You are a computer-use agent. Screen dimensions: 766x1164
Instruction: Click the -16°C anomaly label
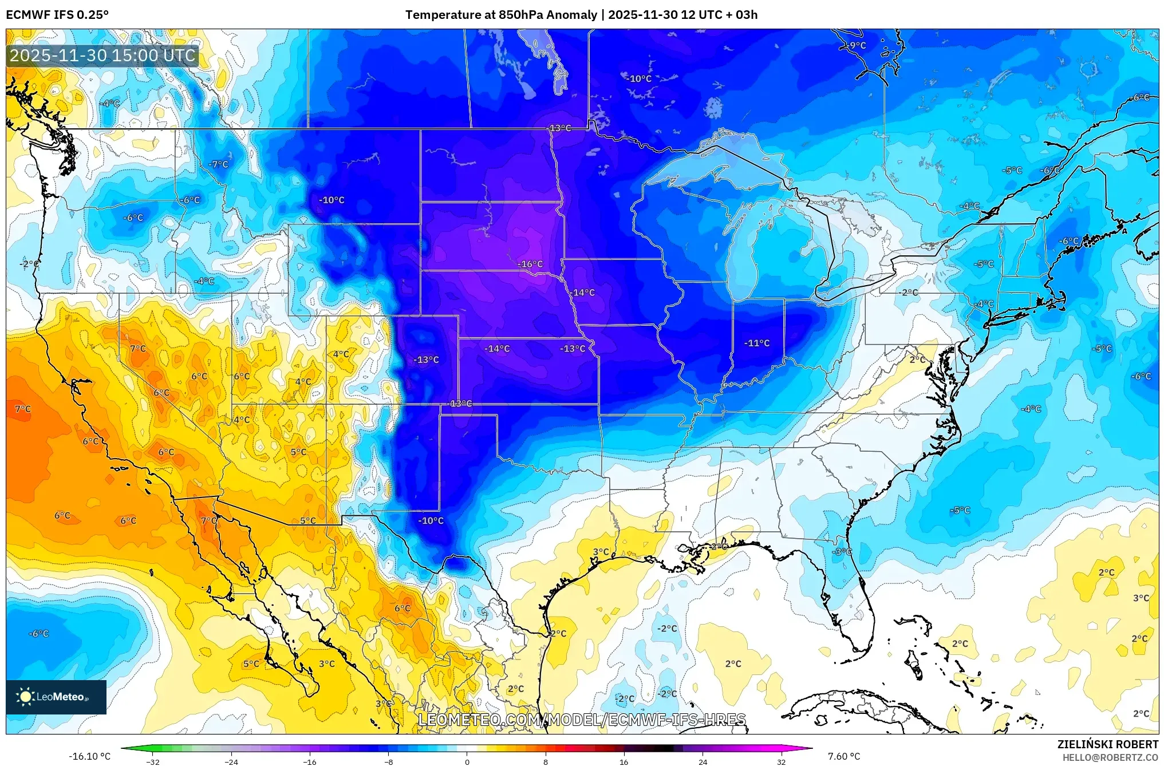click(x=530, y=264)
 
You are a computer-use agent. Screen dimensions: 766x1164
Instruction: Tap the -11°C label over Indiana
click(x=756, y=343)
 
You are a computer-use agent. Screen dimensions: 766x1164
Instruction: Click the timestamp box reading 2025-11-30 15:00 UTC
click(x=103, y=56)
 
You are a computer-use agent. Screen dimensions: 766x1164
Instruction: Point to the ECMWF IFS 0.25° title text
click(x=57, y=15)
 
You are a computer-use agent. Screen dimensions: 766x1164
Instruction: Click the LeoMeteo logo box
click(x=56, y=697)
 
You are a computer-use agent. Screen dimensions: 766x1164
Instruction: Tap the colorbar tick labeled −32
click(x=152, y=761)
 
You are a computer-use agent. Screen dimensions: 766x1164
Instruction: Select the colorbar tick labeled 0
click(x=467, y=761)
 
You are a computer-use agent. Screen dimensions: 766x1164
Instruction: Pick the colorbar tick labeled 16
click(x=624, y=761)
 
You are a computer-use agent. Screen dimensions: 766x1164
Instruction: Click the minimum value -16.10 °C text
click(x=89, y=756)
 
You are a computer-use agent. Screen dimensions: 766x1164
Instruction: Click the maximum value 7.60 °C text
click(x=844, y=756)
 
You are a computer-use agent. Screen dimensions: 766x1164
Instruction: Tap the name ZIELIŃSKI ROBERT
click(x=1107, y=744)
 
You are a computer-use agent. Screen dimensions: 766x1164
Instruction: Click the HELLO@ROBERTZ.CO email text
click(x=1110, y=757)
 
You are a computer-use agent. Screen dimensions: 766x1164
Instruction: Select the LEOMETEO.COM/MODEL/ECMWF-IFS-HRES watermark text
click(x=582, y=720)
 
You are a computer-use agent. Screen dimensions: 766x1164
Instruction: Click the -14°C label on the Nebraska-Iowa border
click(x=582, y=293)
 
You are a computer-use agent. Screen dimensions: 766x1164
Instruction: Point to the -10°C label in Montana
click(x=332, y=200)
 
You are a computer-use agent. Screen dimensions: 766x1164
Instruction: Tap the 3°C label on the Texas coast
click(x=601, y=552)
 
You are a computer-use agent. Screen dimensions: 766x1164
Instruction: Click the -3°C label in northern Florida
click(x=842, y=552)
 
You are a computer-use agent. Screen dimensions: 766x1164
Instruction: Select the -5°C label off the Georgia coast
click(x=960, y=510)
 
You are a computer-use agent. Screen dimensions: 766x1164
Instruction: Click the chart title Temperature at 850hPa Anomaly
click(x=501, y=15)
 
